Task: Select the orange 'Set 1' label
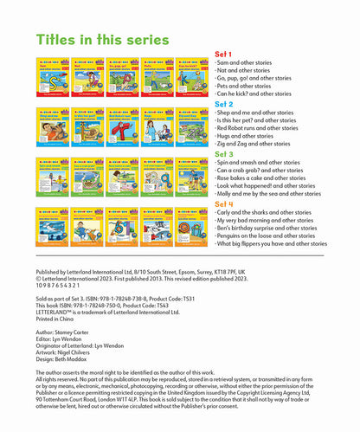click(222, 55)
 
